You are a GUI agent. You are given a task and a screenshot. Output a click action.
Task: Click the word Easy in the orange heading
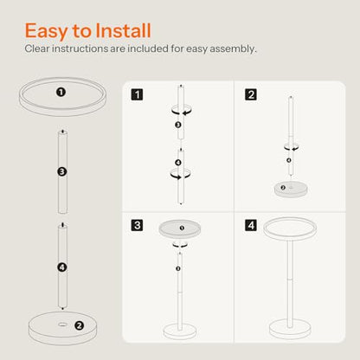pos(46,31)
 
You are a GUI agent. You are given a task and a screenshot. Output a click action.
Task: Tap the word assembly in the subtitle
pos(233,49)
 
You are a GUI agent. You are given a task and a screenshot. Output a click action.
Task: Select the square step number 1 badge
pos(137,94)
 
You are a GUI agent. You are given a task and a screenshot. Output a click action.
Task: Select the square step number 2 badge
pos(251,94)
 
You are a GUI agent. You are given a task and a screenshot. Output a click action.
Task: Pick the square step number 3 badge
pos(137,225)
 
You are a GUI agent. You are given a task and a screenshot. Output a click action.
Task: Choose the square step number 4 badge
pos(251,225)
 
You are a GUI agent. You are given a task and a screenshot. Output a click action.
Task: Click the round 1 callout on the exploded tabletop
pos(61,93)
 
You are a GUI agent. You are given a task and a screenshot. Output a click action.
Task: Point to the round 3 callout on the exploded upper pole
pos(62,172)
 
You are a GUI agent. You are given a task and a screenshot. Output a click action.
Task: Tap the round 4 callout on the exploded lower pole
pos(62,267)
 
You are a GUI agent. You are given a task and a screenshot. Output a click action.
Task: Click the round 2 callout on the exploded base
pos(79,325)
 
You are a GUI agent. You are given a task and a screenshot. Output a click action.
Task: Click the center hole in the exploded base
pos(61,325)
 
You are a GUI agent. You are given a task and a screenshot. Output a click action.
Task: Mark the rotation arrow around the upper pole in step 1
pos(181,111)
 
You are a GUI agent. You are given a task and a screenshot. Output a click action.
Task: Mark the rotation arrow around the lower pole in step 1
pos(180,174)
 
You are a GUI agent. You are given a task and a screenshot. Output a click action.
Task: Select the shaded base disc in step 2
pos(291,190)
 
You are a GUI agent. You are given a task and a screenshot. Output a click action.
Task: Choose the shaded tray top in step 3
pos(180,229)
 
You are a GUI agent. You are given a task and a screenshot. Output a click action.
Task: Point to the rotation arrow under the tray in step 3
pos(180,246)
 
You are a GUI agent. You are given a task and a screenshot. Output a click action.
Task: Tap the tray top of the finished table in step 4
pos(290,228)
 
